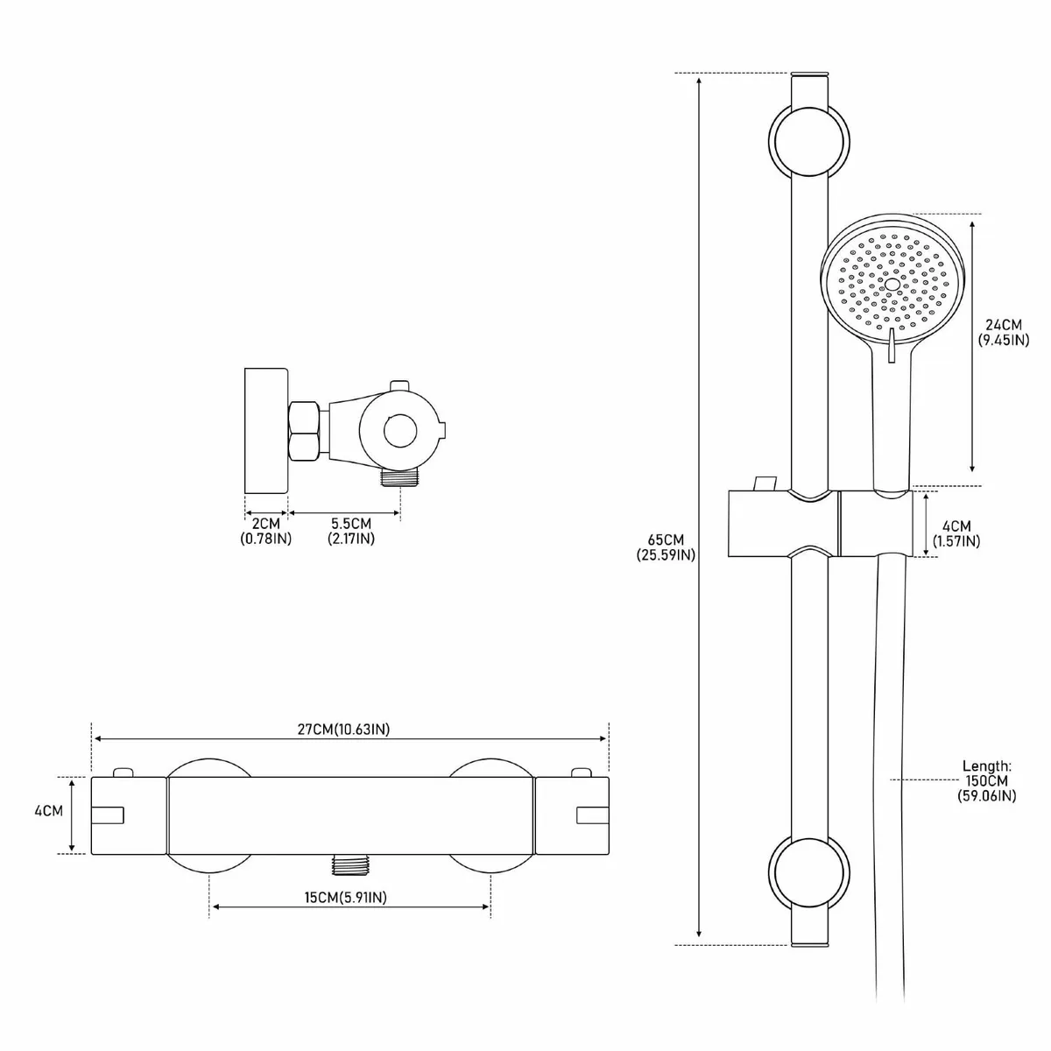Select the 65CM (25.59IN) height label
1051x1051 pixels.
pos(667,547)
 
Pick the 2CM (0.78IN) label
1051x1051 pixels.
pos(265,531)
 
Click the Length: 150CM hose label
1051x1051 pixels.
pos(987,779)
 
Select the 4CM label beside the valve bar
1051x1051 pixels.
pos(48,810)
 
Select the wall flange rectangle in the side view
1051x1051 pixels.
pos(266,430)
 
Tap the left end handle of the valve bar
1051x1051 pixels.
pos(129,815)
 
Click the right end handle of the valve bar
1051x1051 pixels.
pos(571,815)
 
